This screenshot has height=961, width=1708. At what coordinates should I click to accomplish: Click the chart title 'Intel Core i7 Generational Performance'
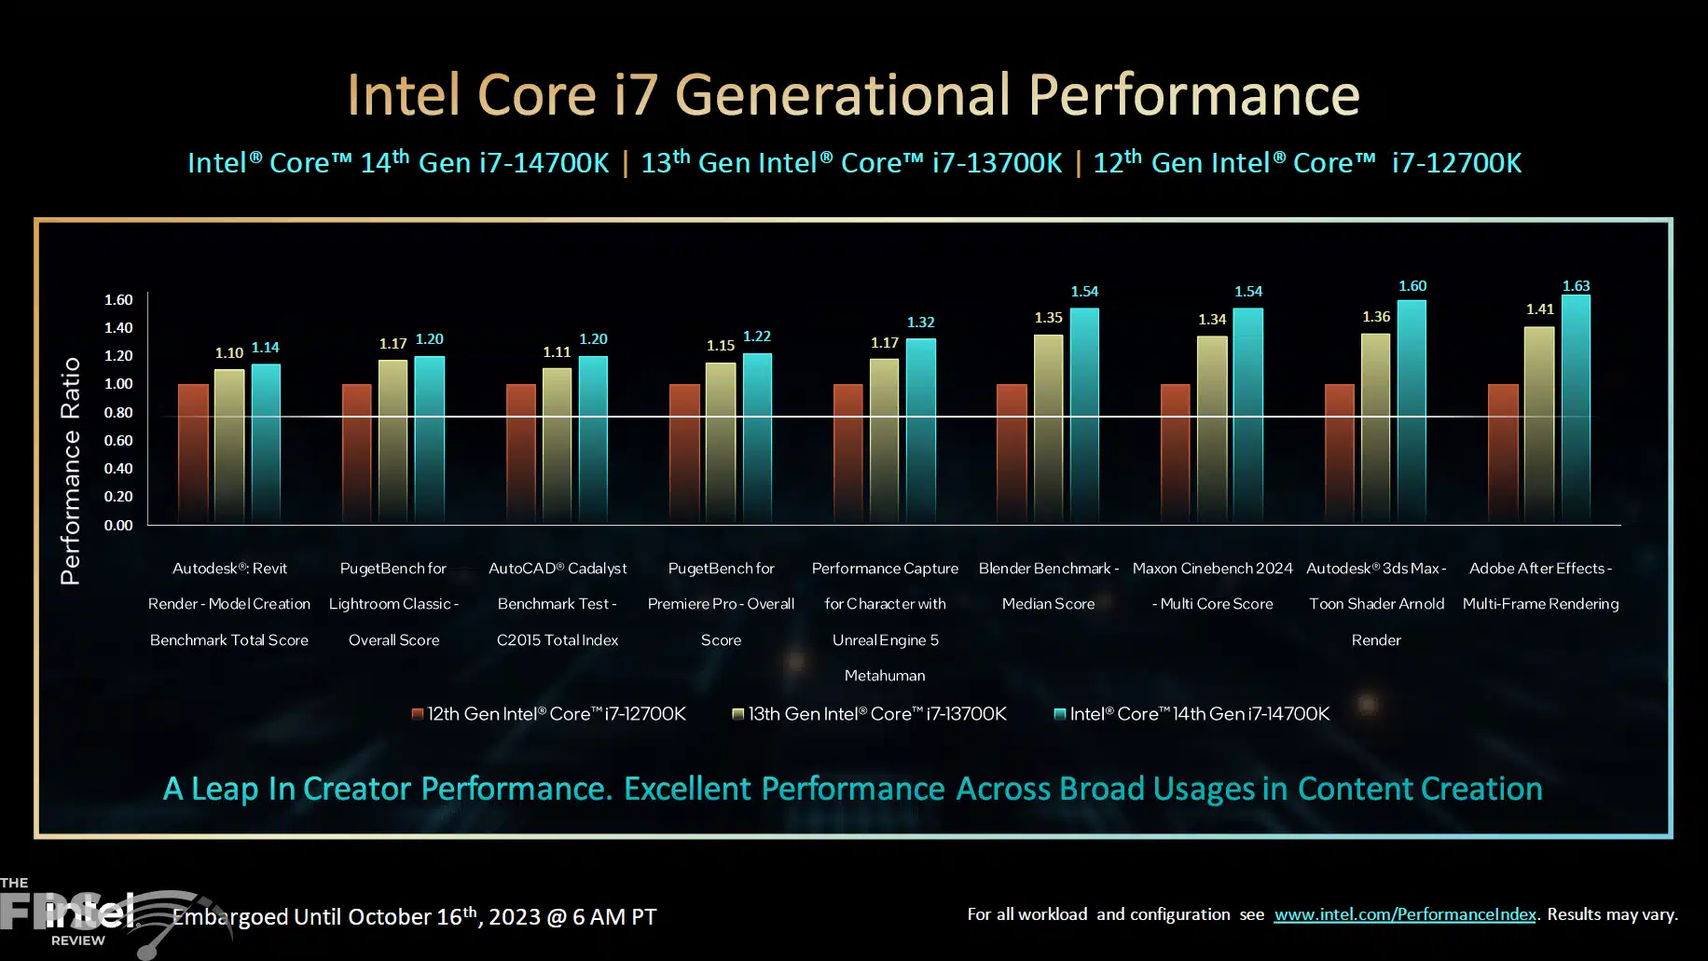(x=853, y=95)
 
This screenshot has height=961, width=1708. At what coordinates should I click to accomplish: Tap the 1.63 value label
(x=1576, y=285)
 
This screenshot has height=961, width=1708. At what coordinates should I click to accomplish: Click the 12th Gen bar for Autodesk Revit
(x=193, y=452)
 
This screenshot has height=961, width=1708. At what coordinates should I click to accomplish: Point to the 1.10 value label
(x=229, y=353)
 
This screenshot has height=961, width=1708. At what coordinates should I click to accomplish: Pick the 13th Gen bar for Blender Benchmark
(x=1048, y=429)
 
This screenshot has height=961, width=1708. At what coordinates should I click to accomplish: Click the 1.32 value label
(x=920, y=323)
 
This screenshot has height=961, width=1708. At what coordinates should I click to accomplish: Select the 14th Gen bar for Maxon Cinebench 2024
(x=1247, y=415)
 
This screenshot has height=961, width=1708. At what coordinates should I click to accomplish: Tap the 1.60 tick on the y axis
(x=118, y=300)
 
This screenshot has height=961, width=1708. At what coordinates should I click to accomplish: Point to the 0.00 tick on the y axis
(x=118, y=526)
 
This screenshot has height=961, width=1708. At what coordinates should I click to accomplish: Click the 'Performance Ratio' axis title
(x=71, y=471)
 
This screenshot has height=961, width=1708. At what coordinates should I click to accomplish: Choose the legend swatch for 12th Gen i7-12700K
(x=418, y=714)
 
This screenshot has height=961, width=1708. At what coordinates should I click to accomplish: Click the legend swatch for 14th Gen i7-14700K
(x=1059, y=714)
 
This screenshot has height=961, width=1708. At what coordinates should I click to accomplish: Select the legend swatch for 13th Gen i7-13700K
(x=737, y=714)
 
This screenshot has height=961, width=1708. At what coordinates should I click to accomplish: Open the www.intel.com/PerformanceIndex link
(x=1404, y=914)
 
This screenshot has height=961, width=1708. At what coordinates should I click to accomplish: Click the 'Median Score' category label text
(x=1048, y=604)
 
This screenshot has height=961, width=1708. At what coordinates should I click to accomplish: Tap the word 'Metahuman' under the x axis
(x=885, y=676)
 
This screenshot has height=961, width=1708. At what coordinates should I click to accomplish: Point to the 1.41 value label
(x=1539, y=309)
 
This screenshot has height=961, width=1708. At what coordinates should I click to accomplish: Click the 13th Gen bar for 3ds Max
(x=1375, y=429)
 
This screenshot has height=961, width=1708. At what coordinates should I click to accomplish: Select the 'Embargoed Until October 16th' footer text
(x=415, y=917)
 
